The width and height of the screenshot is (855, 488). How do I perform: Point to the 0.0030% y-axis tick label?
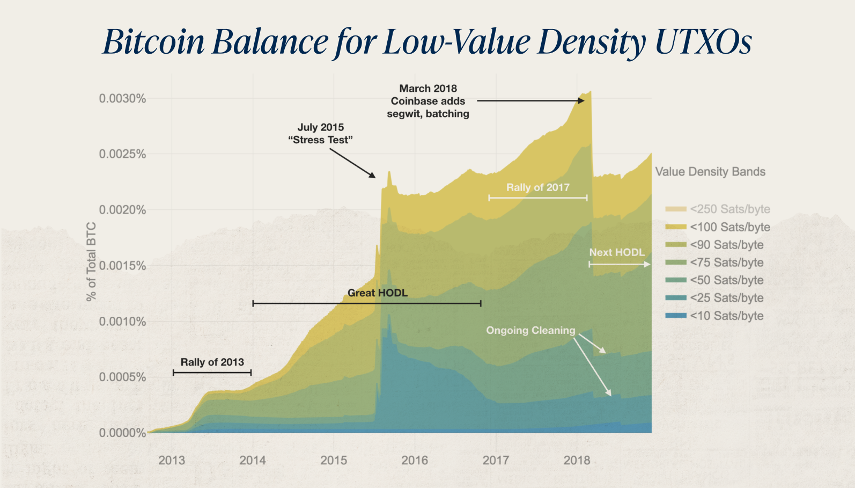(122, 98)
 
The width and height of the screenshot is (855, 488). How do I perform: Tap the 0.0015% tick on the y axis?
(122, 266)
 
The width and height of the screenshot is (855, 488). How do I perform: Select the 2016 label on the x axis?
(415, 460)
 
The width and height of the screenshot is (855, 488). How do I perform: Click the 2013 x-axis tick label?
(172, 460)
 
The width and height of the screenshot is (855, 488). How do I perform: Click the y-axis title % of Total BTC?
(91, 261)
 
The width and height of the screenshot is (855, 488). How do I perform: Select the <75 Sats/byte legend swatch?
(676, 263)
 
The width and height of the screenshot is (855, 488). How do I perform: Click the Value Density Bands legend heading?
(710, 172)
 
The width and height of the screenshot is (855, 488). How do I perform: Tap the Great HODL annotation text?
(377, 293)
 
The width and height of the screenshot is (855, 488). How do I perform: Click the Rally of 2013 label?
(212, 362)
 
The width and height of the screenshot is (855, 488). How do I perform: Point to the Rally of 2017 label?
(537, 187)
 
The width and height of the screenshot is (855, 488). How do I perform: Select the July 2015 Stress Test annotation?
(320, 134)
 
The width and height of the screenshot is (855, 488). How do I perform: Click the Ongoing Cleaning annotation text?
(530, 331)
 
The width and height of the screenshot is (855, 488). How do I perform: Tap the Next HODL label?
(616, 252)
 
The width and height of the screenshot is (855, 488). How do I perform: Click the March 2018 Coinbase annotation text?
(428, 101)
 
